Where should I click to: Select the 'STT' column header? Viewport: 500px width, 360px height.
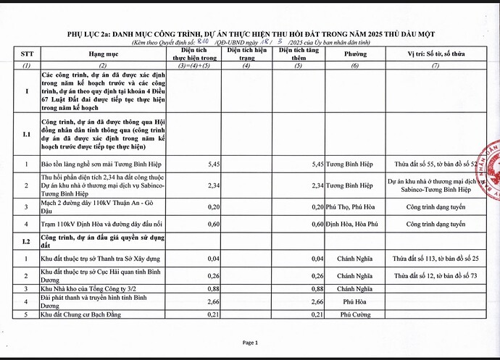tap(26, 55)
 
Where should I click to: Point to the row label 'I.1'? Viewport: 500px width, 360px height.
tap(26, 135)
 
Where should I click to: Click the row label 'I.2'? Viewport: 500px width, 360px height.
tap(26, 240)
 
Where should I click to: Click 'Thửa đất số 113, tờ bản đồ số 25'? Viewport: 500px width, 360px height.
tap(436, 259)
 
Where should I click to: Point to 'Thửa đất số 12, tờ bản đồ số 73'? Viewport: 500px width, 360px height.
tap(436, 276)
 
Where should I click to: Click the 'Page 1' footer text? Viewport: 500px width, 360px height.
tap(250, 342)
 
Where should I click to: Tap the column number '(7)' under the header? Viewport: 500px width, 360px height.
tap(436, 66)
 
